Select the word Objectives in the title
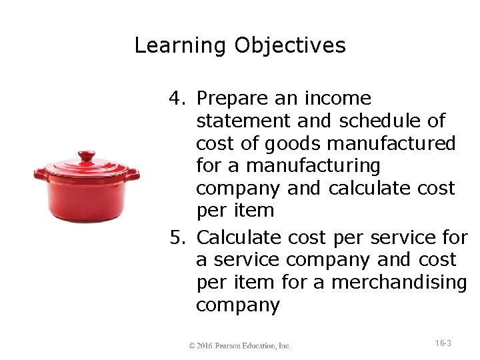tap(290, 46)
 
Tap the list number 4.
tap(177, 99)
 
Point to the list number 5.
tap(177, 237)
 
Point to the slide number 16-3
tap(443, 343)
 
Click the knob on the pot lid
tap(87, 157)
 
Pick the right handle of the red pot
tap(133, 175)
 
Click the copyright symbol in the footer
tap(192, 346)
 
